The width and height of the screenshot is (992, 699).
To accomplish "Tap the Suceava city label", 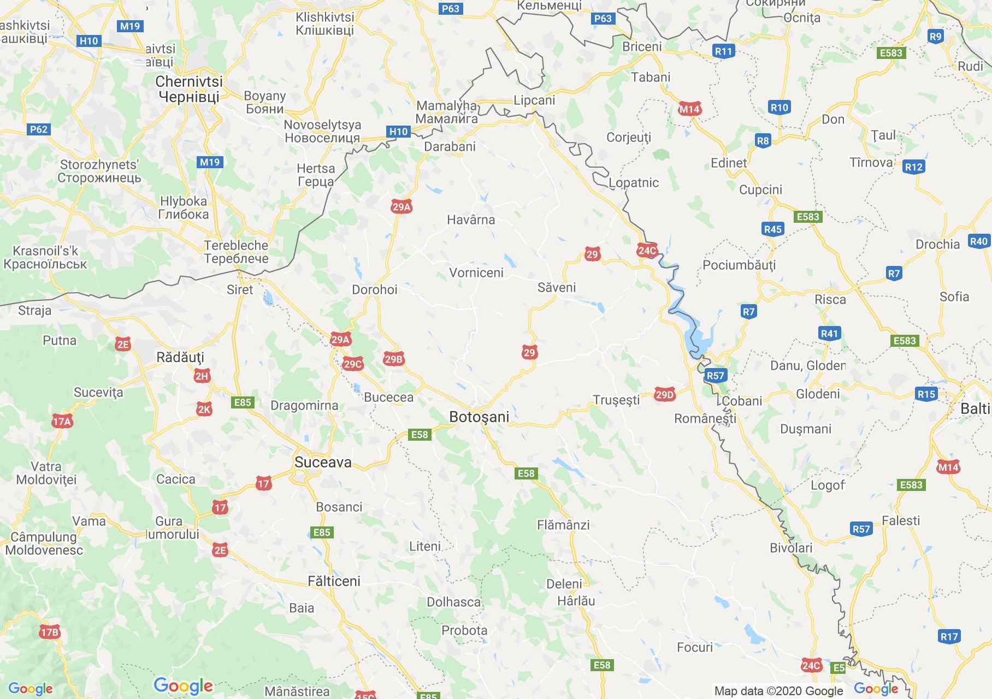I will click(323, 462).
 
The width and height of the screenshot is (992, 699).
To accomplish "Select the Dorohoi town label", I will click(374, 289).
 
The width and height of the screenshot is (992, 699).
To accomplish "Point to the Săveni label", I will click(556, 287).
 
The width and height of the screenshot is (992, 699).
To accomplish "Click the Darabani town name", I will click(450, 146).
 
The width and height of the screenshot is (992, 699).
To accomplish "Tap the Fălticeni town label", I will click(334, 581).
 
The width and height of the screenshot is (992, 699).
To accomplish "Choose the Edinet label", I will click(729, 163).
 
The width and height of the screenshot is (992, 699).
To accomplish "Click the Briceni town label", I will click(642, 46).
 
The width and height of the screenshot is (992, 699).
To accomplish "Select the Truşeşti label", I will click(616, 400).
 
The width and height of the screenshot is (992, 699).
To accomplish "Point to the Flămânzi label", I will click(563, 525).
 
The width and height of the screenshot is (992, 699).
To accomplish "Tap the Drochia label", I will click(937, 244).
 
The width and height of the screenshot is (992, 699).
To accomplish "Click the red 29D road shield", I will click(664, 395).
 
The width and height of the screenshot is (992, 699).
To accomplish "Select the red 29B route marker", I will click(393, 359).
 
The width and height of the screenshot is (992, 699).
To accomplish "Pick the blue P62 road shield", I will click(39, 129).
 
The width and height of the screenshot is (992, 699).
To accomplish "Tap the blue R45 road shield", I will click(773, 229).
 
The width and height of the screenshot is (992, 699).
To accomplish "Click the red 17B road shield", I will click(49, 632).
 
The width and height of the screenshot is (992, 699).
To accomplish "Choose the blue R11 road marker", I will click(723, 51).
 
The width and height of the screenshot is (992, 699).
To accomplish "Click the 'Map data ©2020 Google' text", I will click(778, 691).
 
